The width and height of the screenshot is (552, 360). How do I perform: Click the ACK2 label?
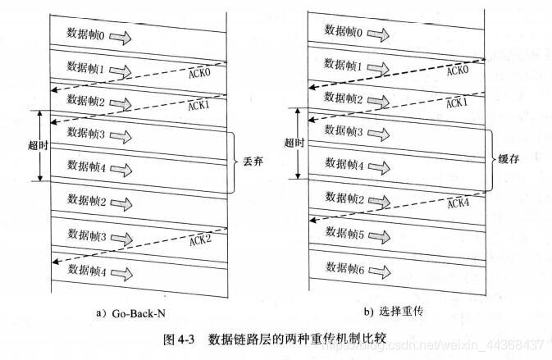pos(202,239)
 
